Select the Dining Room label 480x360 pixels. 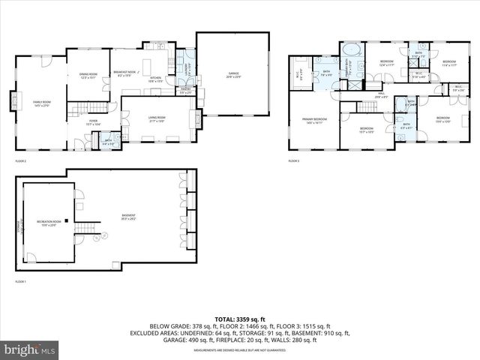tap(88, 75)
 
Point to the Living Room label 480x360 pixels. tap(157, 118)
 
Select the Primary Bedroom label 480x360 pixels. tap(313, 121)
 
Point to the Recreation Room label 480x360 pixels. tap(49, 223)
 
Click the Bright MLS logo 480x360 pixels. tap(30, 349)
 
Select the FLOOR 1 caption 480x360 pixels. tap(20, 282)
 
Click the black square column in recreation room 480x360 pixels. tap(66, 220)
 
